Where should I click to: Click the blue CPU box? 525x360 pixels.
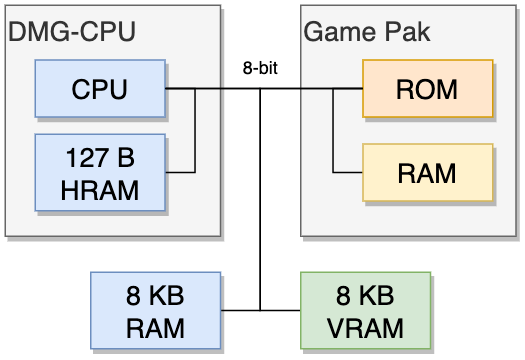click(100, 89)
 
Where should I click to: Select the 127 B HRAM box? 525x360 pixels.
click(100, 172)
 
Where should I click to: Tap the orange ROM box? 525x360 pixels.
click(428, 89)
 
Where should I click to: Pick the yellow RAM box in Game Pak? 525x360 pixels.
click(428, 173)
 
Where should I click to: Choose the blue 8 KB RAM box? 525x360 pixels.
click(155, 310)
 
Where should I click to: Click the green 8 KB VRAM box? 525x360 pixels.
click(366, 310)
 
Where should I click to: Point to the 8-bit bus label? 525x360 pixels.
click(260, 68)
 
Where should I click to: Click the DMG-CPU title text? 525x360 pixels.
click(72, 31)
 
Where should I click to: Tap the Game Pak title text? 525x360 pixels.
click(367, 31)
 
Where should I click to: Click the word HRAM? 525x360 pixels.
click(100, 190)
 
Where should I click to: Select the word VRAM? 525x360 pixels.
click(365, 328)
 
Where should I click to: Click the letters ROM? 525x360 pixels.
click(427, 89)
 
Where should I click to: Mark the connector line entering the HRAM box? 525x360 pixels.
click(180, 172)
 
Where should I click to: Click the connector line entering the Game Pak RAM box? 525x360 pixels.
click(348, 172)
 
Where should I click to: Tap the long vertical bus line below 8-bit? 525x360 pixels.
click(260, 200)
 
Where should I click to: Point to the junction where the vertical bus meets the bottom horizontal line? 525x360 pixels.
click(260, 310)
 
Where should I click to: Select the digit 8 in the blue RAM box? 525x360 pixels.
click(133, 296)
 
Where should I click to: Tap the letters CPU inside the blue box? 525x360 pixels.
click(99, 89)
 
